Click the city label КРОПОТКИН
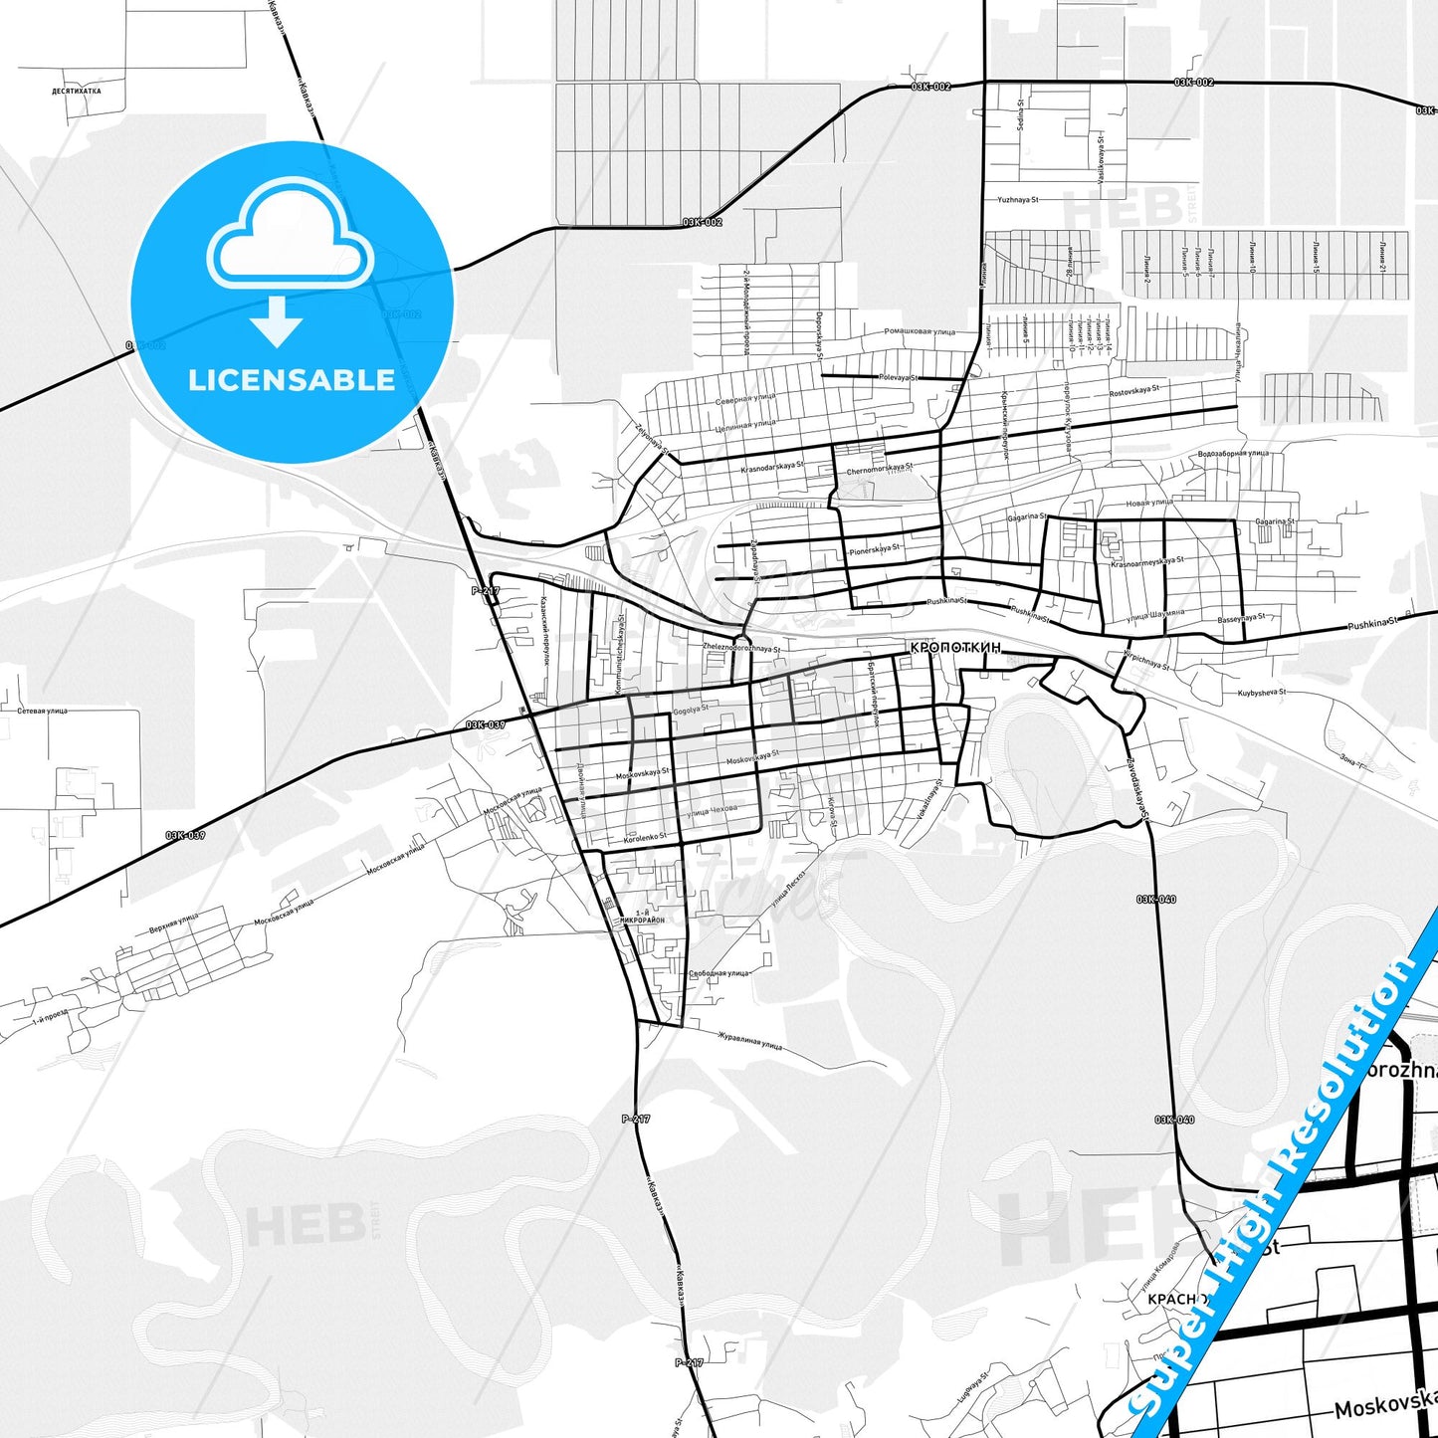point(955,648)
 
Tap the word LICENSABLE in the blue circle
point(292,380)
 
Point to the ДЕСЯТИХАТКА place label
point(77,91)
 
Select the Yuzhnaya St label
point(1018,200)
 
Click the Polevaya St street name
point(900,378)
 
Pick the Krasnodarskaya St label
point(772,466)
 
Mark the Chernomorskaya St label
point(879,469)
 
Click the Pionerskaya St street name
point(875,549)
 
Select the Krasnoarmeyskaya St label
point(1147,562)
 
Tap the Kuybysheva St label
point(1262,693)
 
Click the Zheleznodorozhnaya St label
point(742,647)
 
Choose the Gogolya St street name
point(692,711)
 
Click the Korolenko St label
point(646,838)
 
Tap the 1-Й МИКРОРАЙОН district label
point(642,917)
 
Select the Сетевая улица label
point(43,712)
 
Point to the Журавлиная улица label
point(750,1040)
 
